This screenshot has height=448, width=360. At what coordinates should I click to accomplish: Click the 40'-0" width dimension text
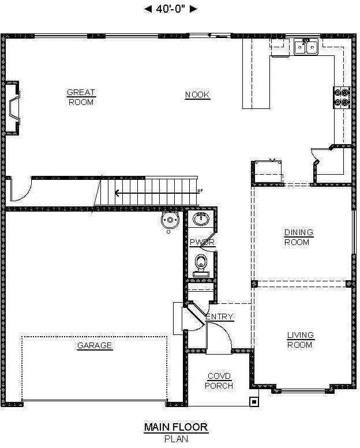point(171,9)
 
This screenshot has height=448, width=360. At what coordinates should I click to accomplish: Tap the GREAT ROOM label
point(81,97)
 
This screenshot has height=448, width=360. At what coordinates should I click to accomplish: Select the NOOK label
point(197,95)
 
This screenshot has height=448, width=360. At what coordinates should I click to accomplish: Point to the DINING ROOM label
point(298,237)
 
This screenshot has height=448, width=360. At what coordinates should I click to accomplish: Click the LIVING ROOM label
point(300,340)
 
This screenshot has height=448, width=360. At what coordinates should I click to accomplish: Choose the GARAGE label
point(95,345)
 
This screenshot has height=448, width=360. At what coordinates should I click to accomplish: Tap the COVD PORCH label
point(219,381)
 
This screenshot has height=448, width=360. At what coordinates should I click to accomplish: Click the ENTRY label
point(220,317)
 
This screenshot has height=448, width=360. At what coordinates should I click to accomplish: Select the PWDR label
point(202,242)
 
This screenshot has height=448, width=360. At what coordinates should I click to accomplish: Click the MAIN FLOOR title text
point(176,427)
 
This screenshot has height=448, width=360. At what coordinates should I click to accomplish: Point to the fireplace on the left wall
point(13,108)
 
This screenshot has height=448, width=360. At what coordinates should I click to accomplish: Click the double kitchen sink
point(306,47)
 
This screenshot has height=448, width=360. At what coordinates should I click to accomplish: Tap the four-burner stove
point(342,97)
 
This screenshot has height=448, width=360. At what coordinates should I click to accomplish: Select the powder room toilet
point(201,266)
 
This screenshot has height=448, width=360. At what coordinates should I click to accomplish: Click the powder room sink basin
point(201,220)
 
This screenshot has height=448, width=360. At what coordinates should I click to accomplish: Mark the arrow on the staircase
point(156,193)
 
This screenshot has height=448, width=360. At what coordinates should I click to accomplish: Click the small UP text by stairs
point(200,191)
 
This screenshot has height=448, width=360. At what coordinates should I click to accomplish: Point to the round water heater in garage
point(170,220)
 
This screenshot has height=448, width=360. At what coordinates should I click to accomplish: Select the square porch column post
point(254,401)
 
